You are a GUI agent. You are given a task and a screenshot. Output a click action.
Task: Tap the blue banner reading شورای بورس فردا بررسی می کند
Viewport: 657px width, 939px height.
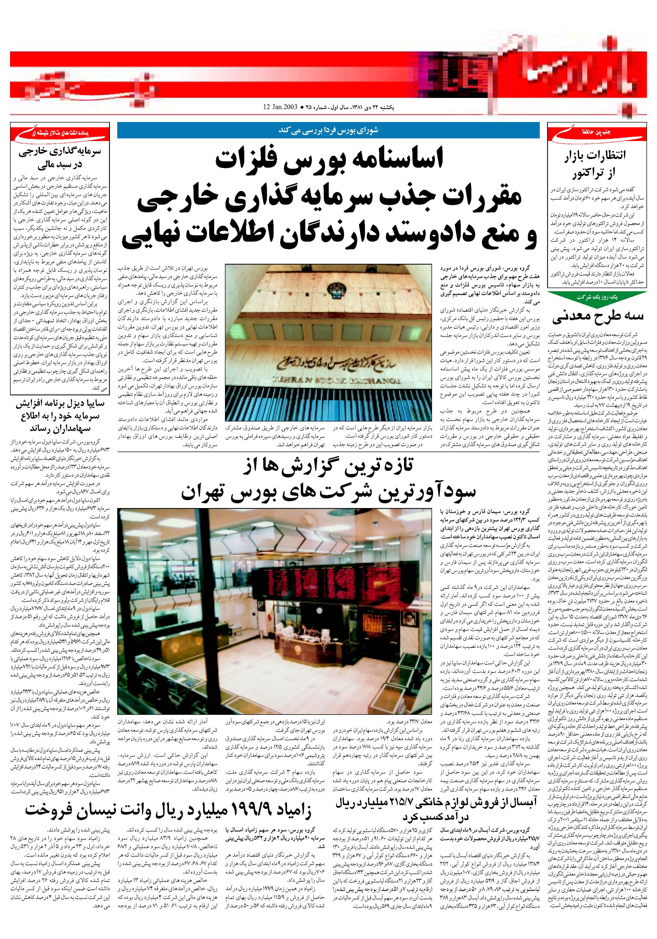(x=328, y=130)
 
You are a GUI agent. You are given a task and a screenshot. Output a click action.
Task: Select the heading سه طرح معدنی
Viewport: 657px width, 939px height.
(x=598, y=315)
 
